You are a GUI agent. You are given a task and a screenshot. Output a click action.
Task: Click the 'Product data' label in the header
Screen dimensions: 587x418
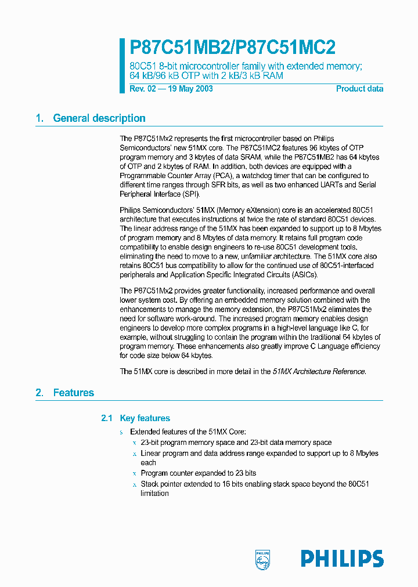coord(359,89)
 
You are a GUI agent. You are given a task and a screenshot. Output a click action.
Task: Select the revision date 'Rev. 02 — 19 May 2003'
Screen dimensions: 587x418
coord(171,89)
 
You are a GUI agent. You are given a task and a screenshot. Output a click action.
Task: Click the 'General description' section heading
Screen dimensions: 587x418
coord(99,118)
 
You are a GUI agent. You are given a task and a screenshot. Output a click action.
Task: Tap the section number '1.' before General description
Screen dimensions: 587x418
coord(39,118)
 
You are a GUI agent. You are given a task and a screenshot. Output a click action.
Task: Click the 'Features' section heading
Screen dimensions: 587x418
coord(73,393)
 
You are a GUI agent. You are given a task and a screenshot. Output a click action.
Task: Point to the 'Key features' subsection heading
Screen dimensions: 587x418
coord(145,418)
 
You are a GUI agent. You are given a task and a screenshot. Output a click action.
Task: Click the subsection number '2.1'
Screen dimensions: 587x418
coord(106,418)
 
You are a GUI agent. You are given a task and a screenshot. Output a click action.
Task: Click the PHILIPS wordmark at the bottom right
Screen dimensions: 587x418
coord(342,559)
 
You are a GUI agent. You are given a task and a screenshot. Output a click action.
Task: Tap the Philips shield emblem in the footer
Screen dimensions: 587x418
coord(263,559)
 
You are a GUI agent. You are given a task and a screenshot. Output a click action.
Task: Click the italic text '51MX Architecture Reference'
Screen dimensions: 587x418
coord(319,372)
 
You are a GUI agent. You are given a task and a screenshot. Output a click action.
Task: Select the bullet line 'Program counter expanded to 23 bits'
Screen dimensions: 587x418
coord(198,473)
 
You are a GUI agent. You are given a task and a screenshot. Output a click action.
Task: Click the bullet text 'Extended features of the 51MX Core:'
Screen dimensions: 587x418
coord(188,432)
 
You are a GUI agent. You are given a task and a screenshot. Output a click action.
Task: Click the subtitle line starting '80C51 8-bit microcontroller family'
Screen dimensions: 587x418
coord(245,66)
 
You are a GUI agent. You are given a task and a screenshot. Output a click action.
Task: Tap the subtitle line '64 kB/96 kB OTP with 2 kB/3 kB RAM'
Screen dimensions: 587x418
coord(206,76)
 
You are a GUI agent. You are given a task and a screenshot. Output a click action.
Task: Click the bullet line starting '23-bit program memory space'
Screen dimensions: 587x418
coord(236,443)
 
